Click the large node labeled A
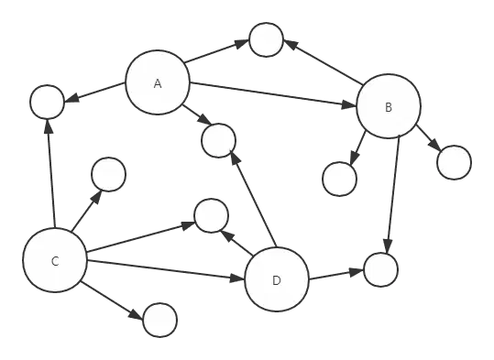[x=158, y=82]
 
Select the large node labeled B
[x=389, y=106]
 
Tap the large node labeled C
[x=55, y=260]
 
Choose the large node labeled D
[x=277, y=279]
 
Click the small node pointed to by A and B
[x=266, y=39]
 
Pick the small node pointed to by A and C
[x=48, y=102]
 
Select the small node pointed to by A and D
[x=218, y=140]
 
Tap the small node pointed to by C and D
[x=211, y=216]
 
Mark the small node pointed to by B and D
[x=381, y=269]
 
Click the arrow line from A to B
[x=273, y=94]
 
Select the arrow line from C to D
[x=166, y=270]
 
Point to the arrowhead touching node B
[x=349, y=104]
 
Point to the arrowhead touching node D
[x=237, y=278]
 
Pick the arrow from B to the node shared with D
[x=393, y=194]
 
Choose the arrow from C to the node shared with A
[x=51, y=173]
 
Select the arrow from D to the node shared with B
[x=336, y=274]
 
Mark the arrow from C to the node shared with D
[x=141, y=237]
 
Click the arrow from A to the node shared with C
[x=94, y=93]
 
